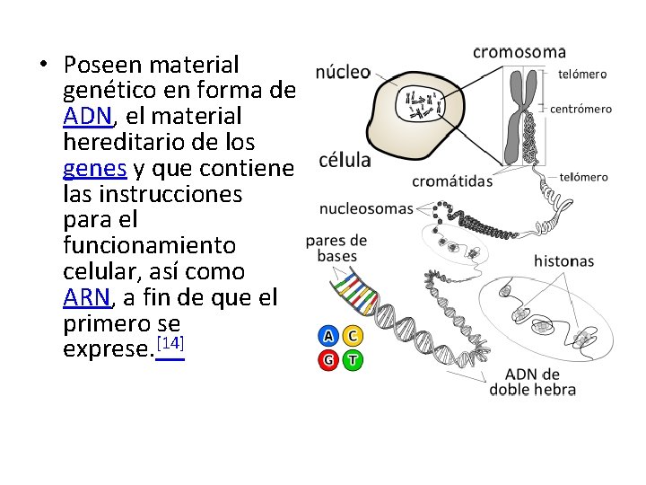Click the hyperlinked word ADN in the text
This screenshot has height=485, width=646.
(87, 117)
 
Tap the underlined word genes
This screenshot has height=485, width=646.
(95, 168)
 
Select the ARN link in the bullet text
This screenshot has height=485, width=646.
(87, 297)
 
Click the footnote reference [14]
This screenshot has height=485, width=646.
(170, 345)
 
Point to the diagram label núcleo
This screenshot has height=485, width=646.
(343, 73)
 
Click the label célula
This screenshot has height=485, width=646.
(345, 161)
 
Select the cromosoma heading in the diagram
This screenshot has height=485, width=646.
(519, 51)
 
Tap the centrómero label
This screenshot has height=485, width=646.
(581, 110)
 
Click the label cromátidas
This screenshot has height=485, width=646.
(452, 181)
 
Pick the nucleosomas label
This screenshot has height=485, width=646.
(367, 209)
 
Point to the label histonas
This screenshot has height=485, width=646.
(563, 261)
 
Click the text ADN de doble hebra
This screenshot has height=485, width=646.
(533, 382)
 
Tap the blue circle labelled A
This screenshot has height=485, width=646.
(328, 337)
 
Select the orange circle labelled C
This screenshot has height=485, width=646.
(354, 337)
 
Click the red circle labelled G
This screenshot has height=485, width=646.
(328, 361)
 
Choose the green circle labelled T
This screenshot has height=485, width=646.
(354, 361)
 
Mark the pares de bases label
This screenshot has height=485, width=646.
(336, 248)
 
